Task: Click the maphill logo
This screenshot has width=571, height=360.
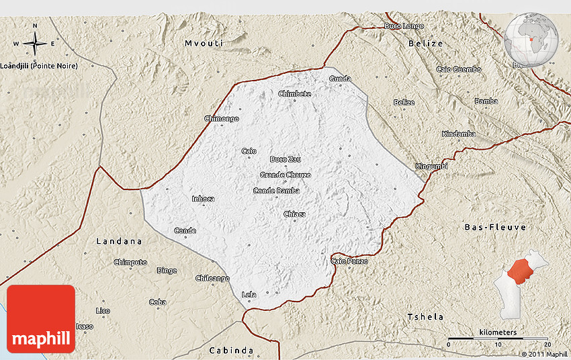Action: [41, 319]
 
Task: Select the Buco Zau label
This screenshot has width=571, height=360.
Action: [285, 159]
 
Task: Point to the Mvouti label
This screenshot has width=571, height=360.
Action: [204, 43]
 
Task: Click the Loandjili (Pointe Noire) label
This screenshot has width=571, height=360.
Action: [39, 66]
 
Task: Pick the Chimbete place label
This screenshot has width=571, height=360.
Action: [294, 94]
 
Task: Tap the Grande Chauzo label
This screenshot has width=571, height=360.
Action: [285, 175]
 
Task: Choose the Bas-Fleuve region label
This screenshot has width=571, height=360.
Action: [496, 228]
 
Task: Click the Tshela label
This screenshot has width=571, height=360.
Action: [426, 316]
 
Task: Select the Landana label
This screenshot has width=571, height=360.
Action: [119, 240]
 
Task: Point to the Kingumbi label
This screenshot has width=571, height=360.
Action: [431, 166]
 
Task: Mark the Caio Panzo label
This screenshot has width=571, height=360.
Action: [349, 261]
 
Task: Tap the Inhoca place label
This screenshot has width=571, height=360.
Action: [204, 199]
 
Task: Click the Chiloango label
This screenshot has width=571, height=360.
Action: [212, 278]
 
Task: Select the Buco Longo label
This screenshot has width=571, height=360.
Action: [404, 26]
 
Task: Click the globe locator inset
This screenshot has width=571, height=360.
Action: [532, 39]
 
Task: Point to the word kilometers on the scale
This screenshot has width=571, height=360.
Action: [498, 332]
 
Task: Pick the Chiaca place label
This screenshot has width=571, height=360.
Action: [294, 214]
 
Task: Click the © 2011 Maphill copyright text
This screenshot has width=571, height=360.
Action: [544, 354]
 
